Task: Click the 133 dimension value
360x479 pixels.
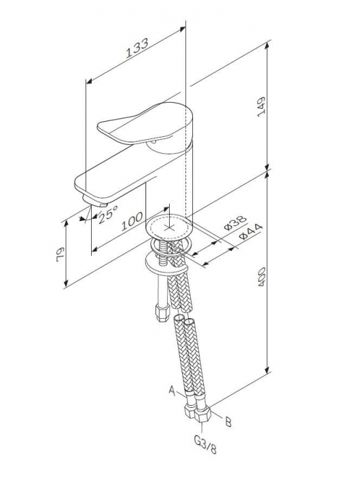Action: [137, 49]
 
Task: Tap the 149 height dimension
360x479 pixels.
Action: [261, 107]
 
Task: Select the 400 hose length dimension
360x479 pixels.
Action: [261, 276]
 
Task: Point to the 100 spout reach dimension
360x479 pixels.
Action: [132, 221]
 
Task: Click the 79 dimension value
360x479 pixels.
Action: [60, 255]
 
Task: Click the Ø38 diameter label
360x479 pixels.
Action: [235, 222]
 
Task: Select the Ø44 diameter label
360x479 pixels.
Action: [250, 231]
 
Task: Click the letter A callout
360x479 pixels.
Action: [172, 390]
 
